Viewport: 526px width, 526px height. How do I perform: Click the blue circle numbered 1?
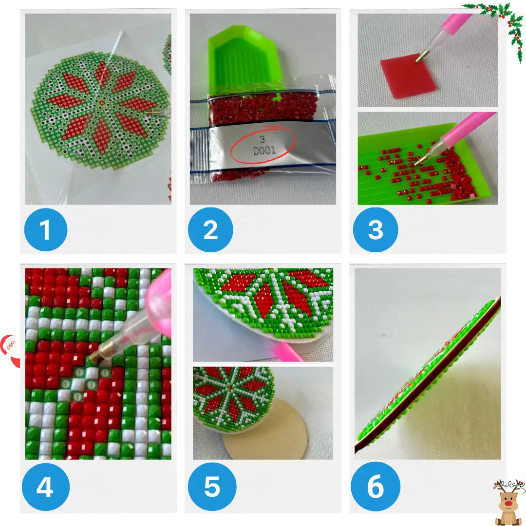pyautogui.click(x=46, y=229)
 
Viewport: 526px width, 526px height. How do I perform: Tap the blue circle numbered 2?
pyautogui.click(x=210, y=229)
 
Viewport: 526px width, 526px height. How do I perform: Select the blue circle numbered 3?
pyautogui.click(x=376, y=229)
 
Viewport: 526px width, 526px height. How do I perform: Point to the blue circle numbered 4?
pyautogui.click(x=46, y=487)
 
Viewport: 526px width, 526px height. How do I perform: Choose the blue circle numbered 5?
pyautogui.click(x=212, y=487)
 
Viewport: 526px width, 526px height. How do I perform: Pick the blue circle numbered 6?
pyautogui.click(x=376, y=487)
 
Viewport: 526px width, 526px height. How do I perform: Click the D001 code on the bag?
pyautogui.click(x=264, y=150)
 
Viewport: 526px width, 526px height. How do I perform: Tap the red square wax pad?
pyautogui.click(x=408, y=76)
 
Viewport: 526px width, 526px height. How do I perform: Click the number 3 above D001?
pyautogui.click(x=263, y=139)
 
